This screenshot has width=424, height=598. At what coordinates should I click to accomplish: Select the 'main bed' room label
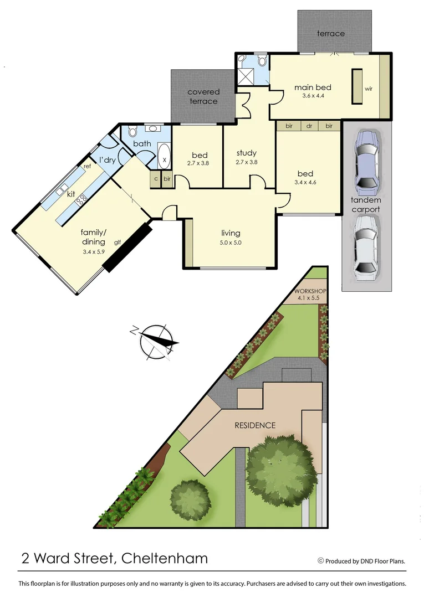click(x=313, y=87)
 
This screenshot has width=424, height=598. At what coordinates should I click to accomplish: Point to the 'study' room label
click(x=247, y=153)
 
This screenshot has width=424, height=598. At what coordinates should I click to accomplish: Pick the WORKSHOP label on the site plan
click(x=310, y=291)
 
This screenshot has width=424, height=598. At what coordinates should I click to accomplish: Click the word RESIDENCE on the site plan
click(x=255, y=425)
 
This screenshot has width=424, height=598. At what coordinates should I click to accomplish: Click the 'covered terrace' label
click(x=203, y=96)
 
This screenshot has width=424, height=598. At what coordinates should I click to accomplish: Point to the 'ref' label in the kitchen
click(x=87, y=166)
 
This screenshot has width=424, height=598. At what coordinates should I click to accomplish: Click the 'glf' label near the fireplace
click(x=118, y=242)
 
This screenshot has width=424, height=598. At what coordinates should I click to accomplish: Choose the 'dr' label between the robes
click(x=309, y=126)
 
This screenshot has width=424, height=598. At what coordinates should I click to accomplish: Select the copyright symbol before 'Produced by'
click(x=320, y=561)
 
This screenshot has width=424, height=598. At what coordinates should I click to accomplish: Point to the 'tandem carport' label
click(x=366, y=205)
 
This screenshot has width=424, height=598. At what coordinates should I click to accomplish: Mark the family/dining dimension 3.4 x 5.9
click(x=93, y=252)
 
